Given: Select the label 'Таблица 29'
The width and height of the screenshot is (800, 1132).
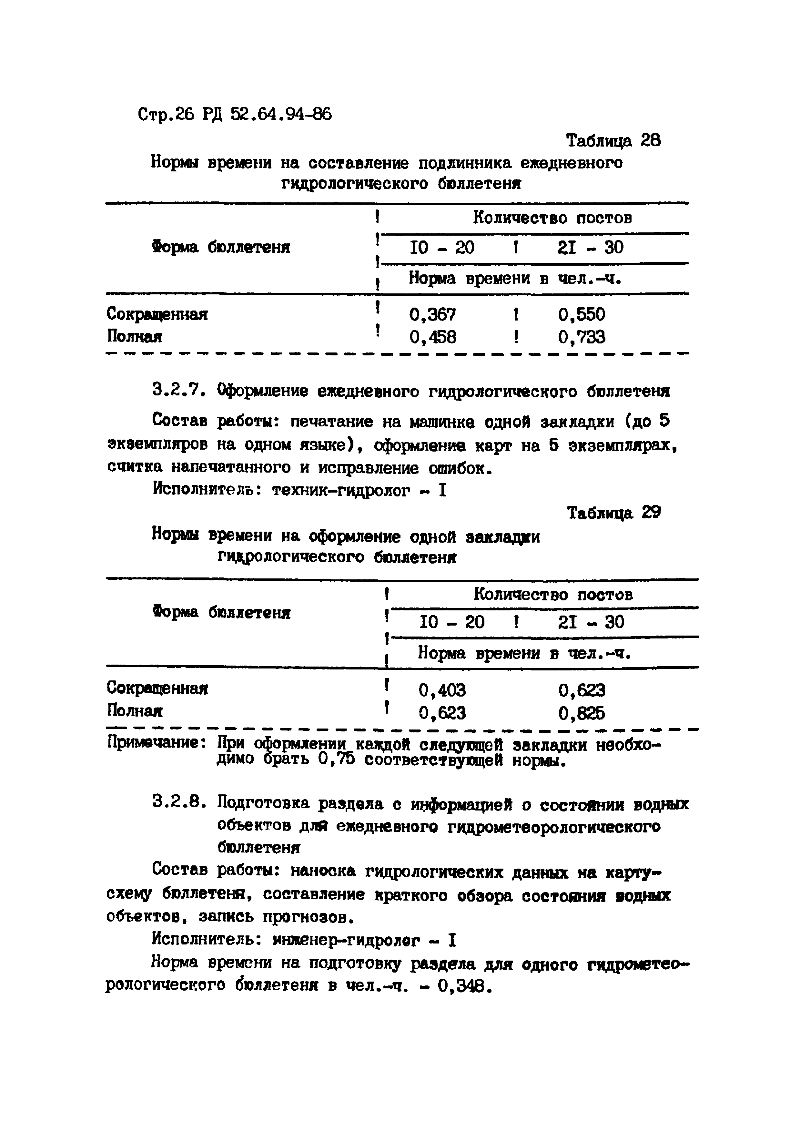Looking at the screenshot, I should (614, 513).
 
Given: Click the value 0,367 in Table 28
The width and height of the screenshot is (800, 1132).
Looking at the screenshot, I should (433, 315).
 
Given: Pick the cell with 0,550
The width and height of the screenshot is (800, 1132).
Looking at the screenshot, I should (582, 315).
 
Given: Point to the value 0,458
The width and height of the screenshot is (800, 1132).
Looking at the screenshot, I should (433, 337).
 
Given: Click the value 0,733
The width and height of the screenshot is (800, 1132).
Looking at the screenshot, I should (582, 337).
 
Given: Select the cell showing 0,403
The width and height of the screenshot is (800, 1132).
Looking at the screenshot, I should (442, 690).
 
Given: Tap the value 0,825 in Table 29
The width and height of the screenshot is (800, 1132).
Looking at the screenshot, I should (582, 713).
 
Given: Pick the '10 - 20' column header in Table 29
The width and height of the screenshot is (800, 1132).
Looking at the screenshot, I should (451, 622).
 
